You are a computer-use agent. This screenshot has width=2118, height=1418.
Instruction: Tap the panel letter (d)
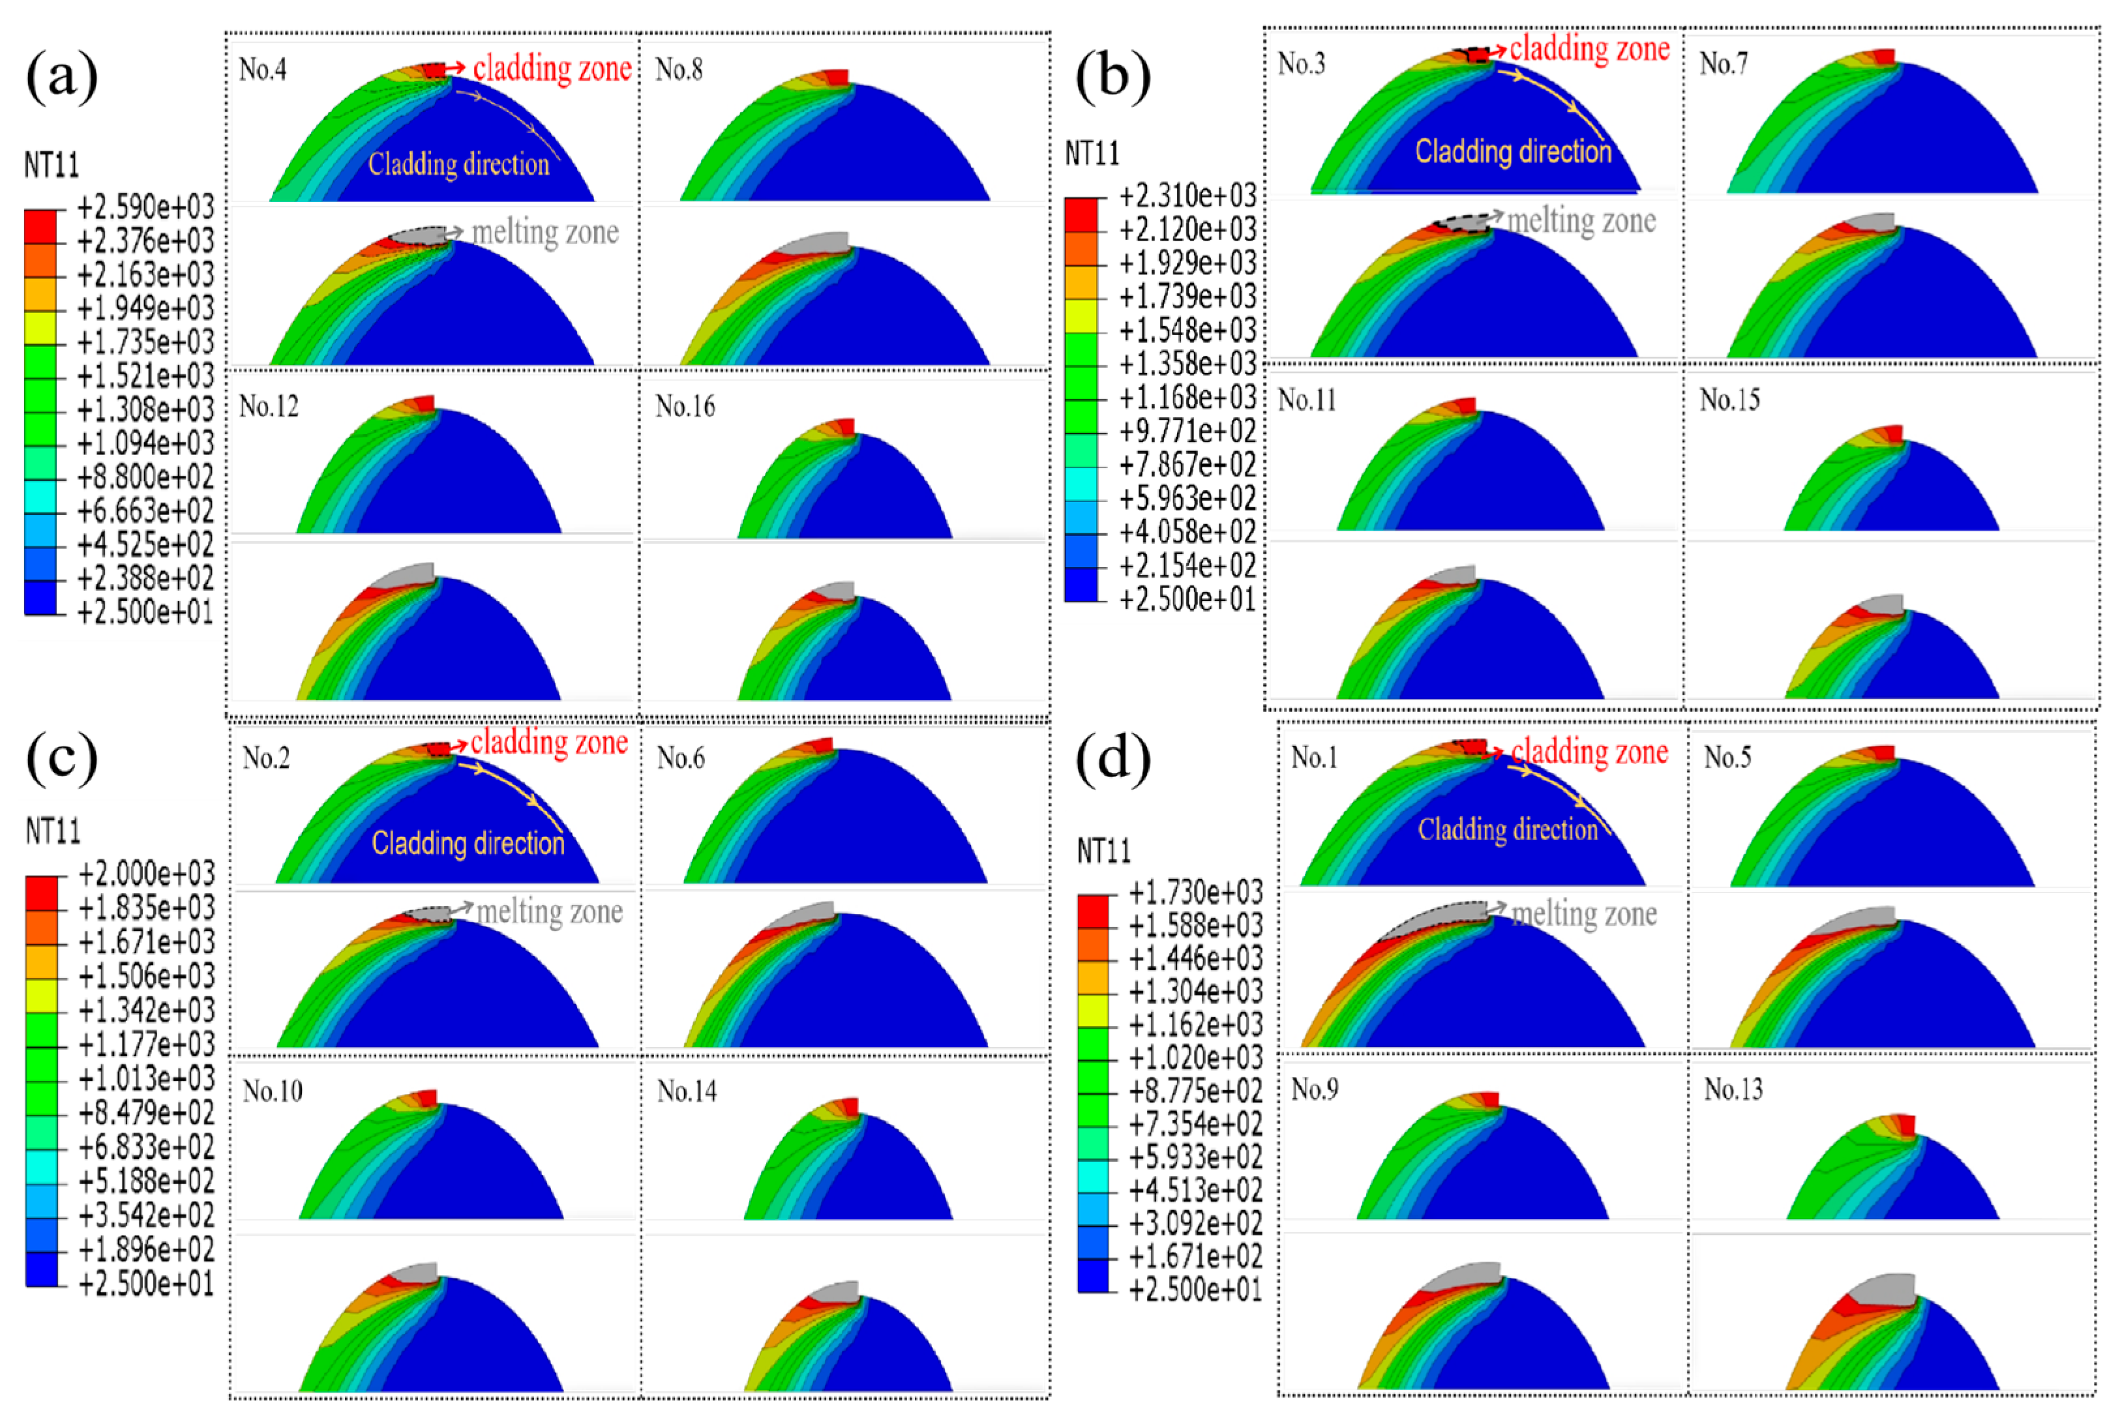[x=1113, y=757]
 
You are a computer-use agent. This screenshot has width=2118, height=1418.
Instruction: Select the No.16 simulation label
[x=685, y=406]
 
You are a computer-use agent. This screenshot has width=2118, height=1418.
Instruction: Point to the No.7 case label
[x=1723, y=63]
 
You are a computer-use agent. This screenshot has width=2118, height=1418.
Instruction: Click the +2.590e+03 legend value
[x=145, y=207]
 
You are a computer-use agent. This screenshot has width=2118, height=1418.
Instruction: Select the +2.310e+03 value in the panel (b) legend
[x=1187, y=196]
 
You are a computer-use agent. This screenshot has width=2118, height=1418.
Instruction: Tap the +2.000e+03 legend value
[x=147, y=874]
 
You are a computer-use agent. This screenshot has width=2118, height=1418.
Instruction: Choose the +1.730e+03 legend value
[x=1195, y=893]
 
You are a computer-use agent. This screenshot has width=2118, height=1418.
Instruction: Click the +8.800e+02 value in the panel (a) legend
[x=145, y=477]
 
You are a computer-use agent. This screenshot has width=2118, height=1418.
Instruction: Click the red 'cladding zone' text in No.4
[x=552, y=68]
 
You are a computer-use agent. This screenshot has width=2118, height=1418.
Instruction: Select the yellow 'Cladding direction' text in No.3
[x=1513, y=151]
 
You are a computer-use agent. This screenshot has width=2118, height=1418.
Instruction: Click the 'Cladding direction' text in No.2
[x=468, y=843]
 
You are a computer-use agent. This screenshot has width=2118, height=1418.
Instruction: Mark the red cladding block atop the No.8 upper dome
[x=837, y=77]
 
